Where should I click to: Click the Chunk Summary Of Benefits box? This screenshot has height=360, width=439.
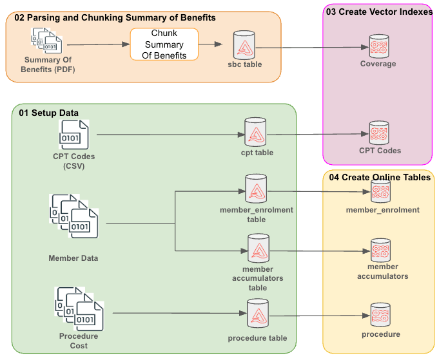[x=164, y=44]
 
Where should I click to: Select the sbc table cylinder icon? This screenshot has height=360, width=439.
[x=244, y=45]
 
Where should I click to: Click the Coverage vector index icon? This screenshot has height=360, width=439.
[x=378, y=46]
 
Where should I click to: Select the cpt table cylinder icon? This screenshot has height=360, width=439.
[x=256, y=134]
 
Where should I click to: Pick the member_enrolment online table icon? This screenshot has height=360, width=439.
[x=380, y=191]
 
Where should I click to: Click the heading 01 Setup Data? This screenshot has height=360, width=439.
[x=48, y=113]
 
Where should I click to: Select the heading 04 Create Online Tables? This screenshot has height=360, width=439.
[x=380, y=177]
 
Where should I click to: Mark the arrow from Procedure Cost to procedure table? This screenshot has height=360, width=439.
[x=177, y=314]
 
